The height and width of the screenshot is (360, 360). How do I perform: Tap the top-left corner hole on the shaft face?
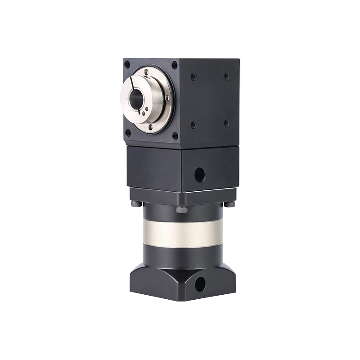click(x=127, y=64)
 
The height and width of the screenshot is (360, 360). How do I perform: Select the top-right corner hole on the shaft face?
click(x=174, y=65)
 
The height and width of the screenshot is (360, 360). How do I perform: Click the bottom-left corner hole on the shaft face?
click(x=128, y=133)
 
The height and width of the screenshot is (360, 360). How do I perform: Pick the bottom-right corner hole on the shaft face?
click(x=175, y=136)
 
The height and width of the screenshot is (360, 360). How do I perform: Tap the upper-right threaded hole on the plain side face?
click(x=226, y=76)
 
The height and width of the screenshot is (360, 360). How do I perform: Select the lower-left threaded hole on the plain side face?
click(x=193, y=125)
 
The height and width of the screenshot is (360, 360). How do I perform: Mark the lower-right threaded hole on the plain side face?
click(x=226, y=123)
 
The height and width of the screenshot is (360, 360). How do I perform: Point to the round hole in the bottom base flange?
click(x=200, y=284)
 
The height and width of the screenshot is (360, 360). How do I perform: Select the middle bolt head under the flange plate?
click(x=182, y=209)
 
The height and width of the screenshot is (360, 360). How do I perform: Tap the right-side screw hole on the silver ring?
click(x=167, y=97)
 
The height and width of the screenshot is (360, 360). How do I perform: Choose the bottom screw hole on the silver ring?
click(x=144, y=121)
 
